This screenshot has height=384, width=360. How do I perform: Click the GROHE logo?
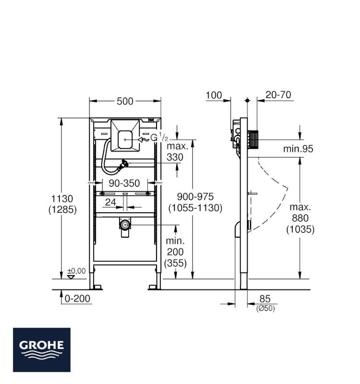pyautogui.click(x=42, y=350)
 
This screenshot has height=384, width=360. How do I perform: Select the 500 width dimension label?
pyautogui.click(x=125, y=101)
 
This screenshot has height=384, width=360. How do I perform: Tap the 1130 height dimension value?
pyautogui.click(x=62, y=199)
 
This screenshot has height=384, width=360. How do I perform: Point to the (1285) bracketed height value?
pyautogui.click(x=62, y=210)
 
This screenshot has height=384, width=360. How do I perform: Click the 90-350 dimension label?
pyautogui.click(x=124, y=183)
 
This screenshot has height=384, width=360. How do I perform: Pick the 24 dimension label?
pyautogui.click(x=110, y=202)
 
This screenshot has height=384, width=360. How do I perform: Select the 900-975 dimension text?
pyautogui.click(x=195, y=197)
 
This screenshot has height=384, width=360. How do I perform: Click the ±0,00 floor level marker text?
pyautogui.click(x=77, y=271)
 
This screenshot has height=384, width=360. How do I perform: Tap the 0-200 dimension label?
pyautogui.click(x=77, y=299)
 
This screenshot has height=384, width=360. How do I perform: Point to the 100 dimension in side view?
pyautogui.click(x=214, y=95)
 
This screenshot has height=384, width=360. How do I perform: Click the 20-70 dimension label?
pyautogui.click(x=278, y=95)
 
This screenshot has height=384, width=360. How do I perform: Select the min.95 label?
pyautogui.click(x=298, y=149)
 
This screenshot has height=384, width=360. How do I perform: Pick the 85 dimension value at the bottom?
pyautogui.click(x=265, y=299)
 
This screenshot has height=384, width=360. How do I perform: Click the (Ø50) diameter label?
pyautogui.click(x=266, y=308)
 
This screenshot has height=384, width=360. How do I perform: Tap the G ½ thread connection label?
pyautogui.click(x=159, y=138)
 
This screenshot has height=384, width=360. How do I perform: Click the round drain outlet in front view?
pyautogui.click(x=125, y=224)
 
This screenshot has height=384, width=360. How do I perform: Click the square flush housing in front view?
pyautogui.click(x=125, y=135)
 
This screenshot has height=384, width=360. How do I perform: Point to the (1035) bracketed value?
pyautogui.click(x=300, y=229)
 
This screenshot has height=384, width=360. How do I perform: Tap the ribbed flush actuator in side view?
pyautogui.click(x=253, y=139)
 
